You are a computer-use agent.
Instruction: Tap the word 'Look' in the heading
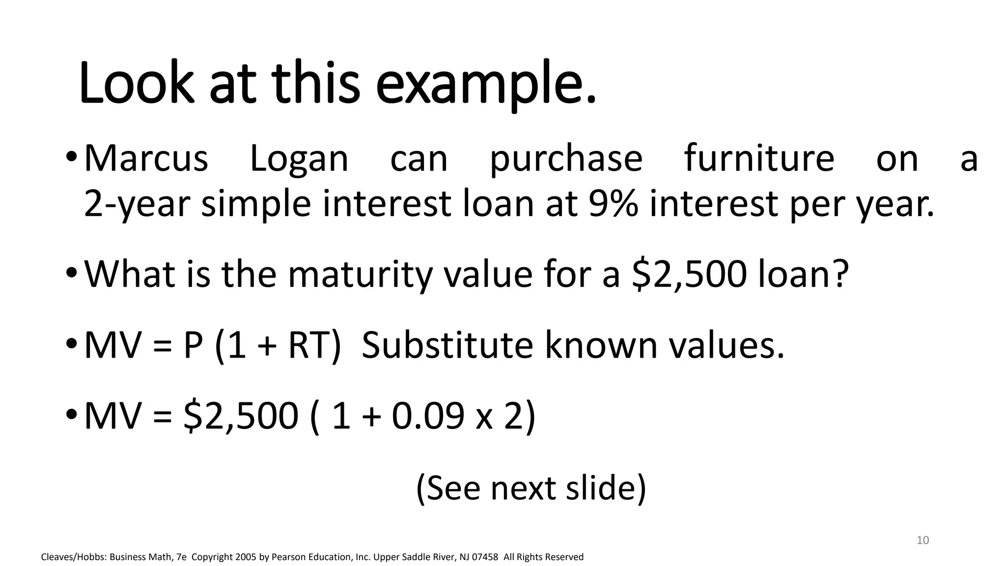pyautogui.click(x=135, y=84)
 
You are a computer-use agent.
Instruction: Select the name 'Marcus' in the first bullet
pyautogui.click(x=146, y=158)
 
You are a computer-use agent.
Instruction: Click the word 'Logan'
pyautogui.click(x=299, y=159)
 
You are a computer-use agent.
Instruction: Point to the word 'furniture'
pyautogui.click(x=759, y=158)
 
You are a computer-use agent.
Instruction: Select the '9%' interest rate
pyautogui.click(x=613, y=203)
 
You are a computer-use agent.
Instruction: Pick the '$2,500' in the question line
pyautogui.click(x=689, y=274)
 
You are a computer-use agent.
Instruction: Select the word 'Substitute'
pyautogui.click(x=447, y=345)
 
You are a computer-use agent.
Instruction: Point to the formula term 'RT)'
pyautogui.click(x=314, y=345)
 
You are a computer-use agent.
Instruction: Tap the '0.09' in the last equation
pyautogui.click(x=427, y=416)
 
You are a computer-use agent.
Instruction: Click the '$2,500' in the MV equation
pyautogui.click(x=241, y=416)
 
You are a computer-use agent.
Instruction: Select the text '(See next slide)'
pyautogui.click(x=531, y=488)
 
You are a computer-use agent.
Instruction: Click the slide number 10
pyautogui.click(x=922, y=540)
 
